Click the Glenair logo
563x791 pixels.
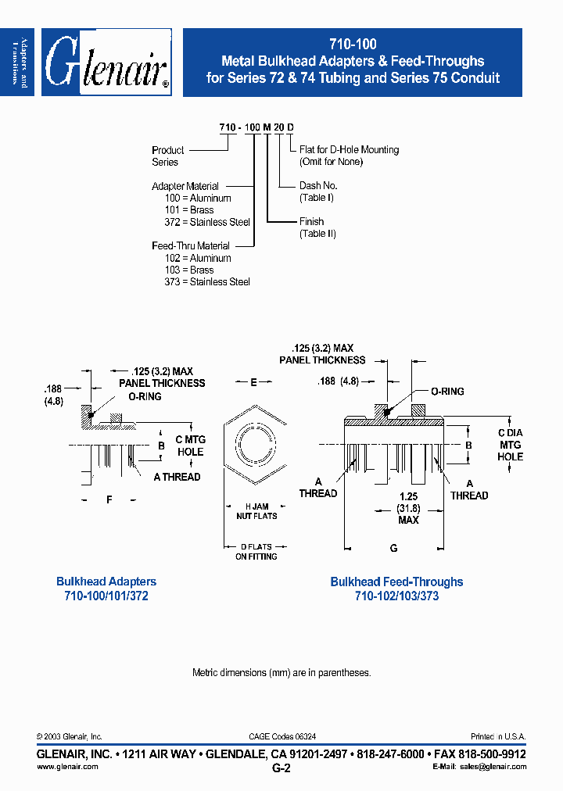(x=107, y=63)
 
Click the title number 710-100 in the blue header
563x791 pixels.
(x=352, y=45)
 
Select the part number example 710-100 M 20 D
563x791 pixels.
(x=256, y=127)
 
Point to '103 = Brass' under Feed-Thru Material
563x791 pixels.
(x=190, y=270)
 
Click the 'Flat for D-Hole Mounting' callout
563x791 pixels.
(x=349, y=149)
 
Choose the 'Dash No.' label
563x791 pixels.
(x=318, y=186)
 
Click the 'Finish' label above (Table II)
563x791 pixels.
(x=312, y=222)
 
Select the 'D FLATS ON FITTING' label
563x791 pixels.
(x=256, y=551)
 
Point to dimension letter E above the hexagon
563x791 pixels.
(x=254, y=383)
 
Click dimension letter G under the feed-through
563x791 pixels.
(x=394, y=549)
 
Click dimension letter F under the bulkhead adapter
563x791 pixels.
(x=109, y=499)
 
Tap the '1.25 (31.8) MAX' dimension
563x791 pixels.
(x=408, y=507)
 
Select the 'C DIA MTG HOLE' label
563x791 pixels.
(x=511, y=445)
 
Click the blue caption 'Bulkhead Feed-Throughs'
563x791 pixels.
(x=396, y=582)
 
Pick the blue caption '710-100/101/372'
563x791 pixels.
(x=106, y=596)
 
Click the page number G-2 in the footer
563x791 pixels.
(x=281, y=768)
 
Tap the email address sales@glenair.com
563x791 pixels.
(x=493, y=767)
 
